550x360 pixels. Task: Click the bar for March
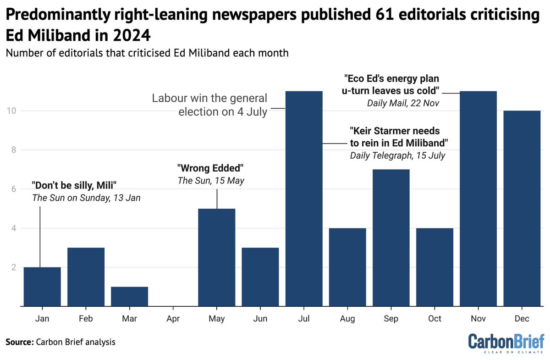(x=129, y=296)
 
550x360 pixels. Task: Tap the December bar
(x=522, y=208)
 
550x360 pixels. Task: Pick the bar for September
(x=391, y=238)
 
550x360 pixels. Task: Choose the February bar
(x=86, y=277)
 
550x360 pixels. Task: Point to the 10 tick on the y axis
(x=11, y=111)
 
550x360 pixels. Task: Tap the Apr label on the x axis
(x=173, y=318)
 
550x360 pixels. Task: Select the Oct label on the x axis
(x=434, y=318)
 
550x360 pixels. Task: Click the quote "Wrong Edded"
(x=210, y=168)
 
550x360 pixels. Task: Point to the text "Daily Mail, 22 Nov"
(x=403, y=103)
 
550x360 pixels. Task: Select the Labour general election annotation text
(x=209, y=105)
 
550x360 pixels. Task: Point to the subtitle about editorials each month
(x=147, y=53)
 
